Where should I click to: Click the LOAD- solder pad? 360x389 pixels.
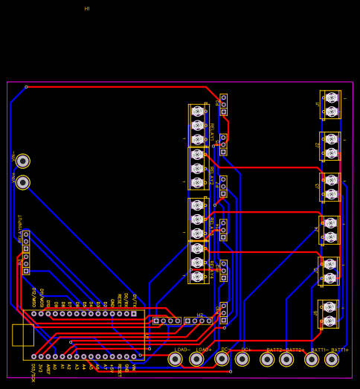175,359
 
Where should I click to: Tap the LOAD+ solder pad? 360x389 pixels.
196,359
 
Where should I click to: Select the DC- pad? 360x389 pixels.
222,359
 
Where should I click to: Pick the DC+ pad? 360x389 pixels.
242,359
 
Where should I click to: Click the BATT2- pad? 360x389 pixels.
267,359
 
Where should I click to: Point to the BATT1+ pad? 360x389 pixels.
332,359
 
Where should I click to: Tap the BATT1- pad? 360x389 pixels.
312,359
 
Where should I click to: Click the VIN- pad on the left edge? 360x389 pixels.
23,161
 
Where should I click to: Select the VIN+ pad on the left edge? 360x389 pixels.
23,182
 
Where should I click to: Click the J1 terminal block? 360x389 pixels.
331,105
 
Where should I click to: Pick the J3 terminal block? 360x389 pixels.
331,187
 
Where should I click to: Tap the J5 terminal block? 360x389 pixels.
330,271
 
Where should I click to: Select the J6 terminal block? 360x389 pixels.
330,313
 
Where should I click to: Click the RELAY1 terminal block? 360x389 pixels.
197,125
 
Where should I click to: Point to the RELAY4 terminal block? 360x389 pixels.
198,263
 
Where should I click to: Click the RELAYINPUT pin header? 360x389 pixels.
25,252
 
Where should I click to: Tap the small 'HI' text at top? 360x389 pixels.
87,9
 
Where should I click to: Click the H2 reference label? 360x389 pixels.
200,315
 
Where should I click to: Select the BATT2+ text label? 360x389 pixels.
296,350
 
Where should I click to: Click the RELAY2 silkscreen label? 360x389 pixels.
210,176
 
